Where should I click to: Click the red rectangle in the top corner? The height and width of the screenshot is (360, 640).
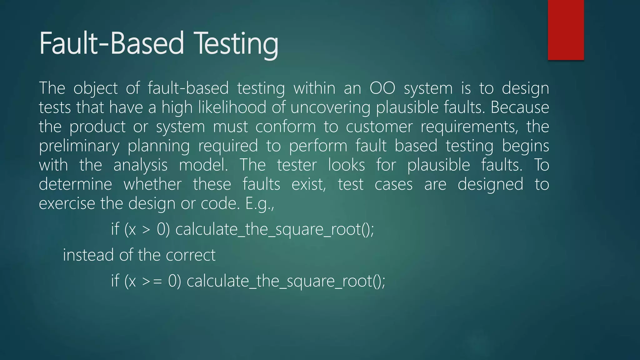coord(566,30)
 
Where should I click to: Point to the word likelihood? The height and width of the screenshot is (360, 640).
coord(232,107)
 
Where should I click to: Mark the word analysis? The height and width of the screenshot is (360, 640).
coord(140,165)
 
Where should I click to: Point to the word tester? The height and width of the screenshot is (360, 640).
coord(297,165)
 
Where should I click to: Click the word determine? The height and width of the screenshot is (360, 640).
coord(75,184)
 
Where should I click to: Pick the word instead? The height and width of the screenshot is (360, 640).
coord(88,255)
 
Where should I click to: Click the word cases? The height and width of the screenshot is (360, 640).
coord(393,184)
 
